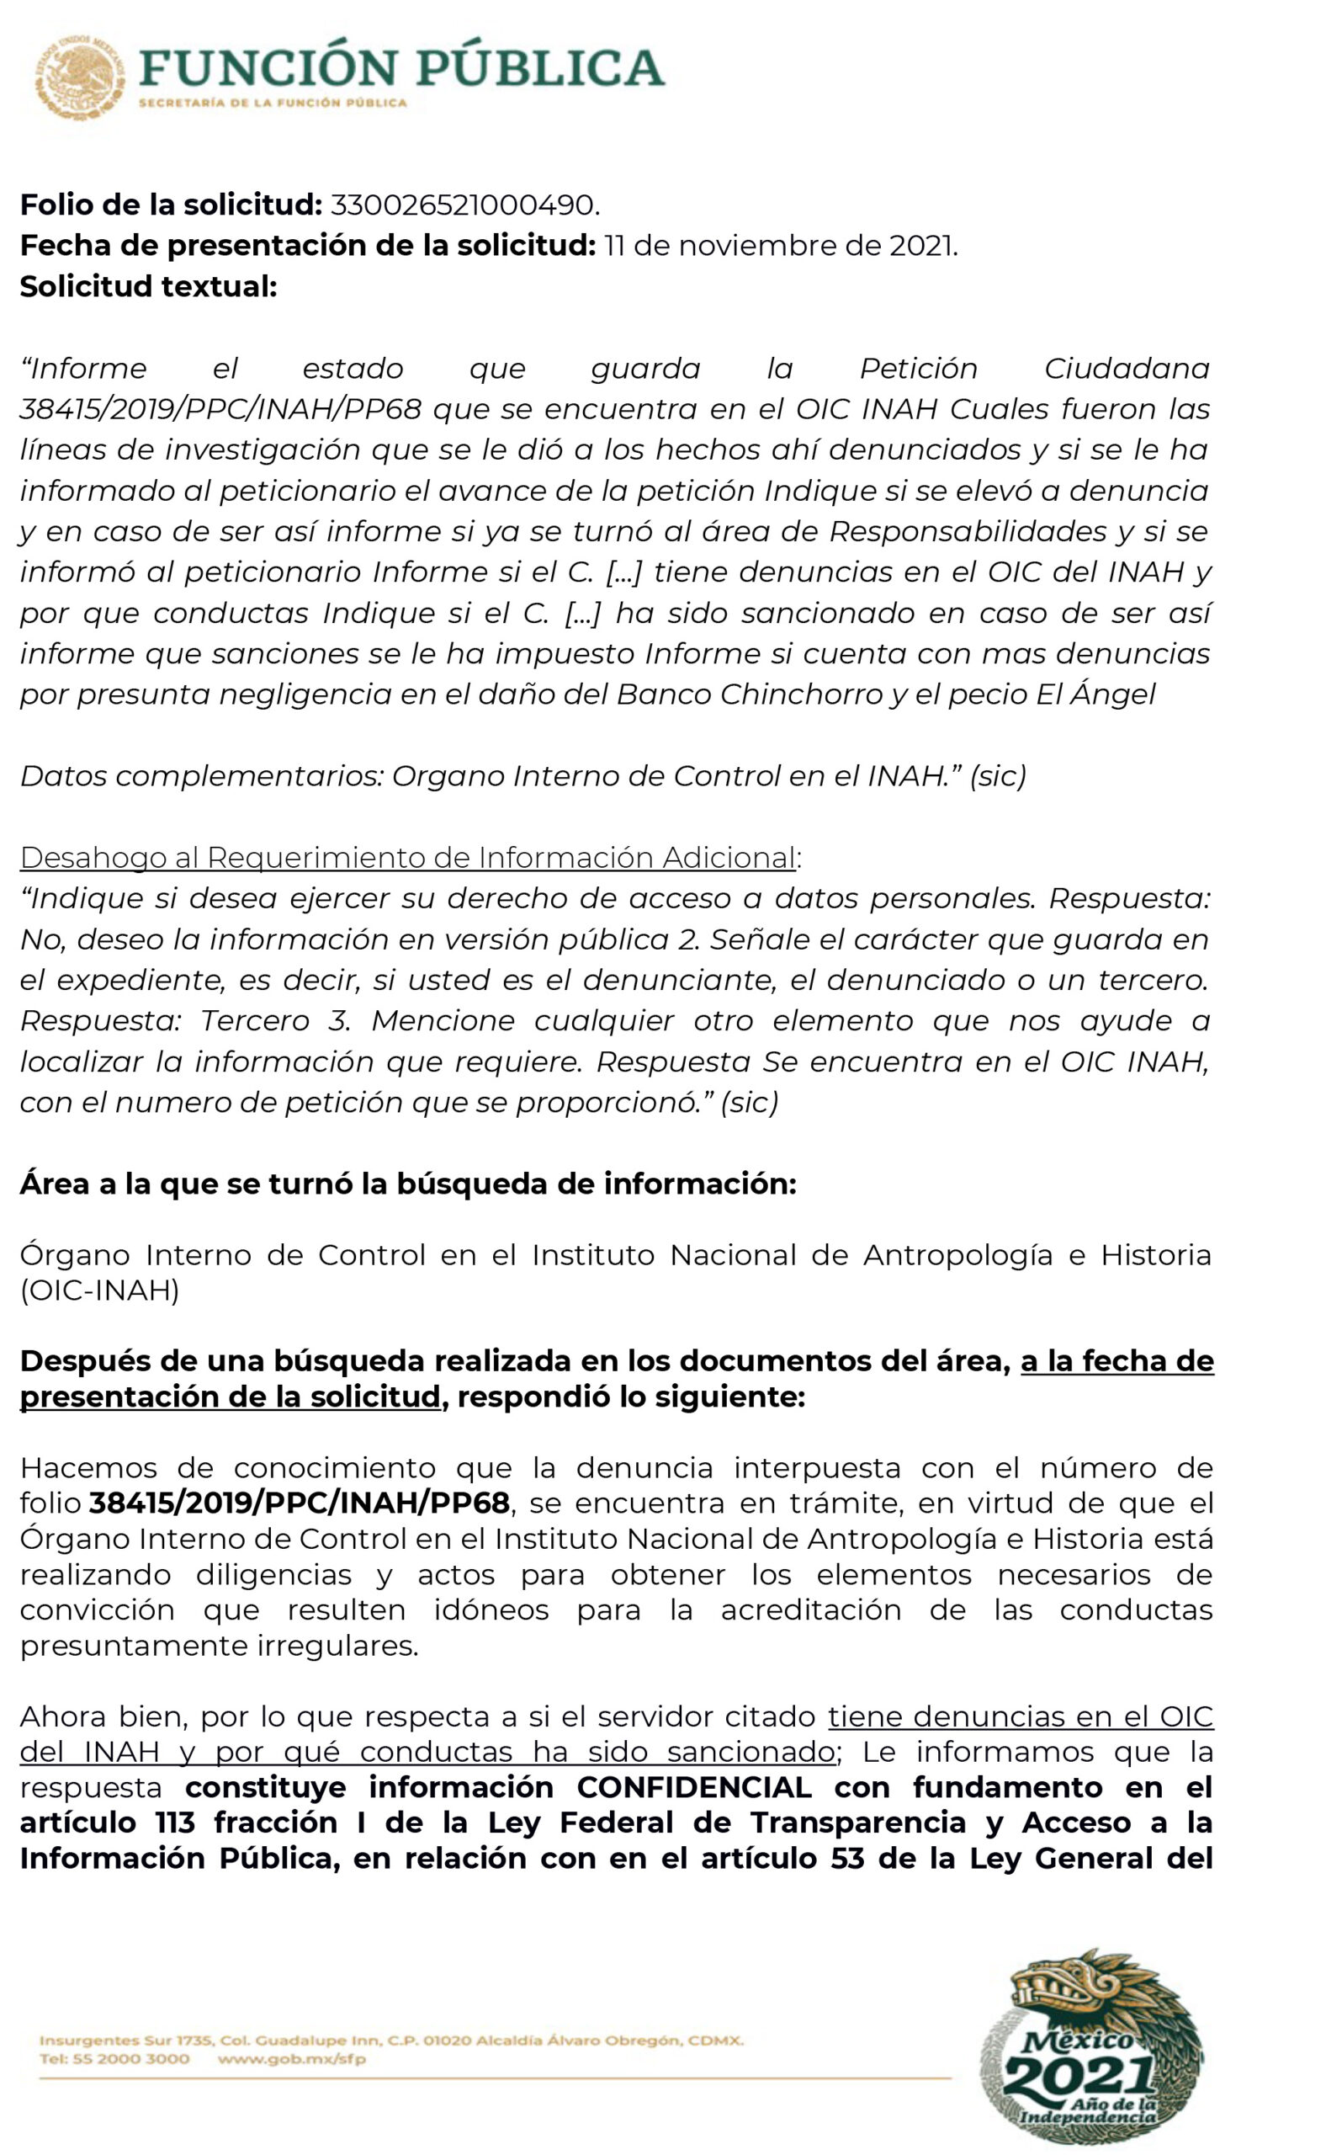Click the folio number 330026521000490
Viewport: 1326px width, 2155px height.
tap(464, 205)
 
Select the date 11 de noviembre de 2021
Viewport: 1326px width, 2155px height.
tap(780, 246)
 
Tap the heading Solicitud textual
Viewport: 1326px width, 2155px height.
tap(148, 286)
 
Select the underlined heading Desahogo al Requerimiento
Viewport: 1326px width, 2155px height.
tap(409, 857)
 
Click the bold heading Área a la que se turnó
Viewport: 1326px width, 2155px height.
tap(408, 1184)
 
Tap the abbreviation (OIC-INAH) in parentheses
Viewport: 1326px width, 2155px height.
tap(100, 1290)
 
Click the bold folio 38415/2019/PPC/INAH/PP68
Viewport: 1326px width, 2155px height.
tap(299, 1503)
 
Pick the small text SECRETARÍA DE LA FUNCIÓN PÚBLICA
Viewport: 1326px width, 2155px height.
tap(273, 103)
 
